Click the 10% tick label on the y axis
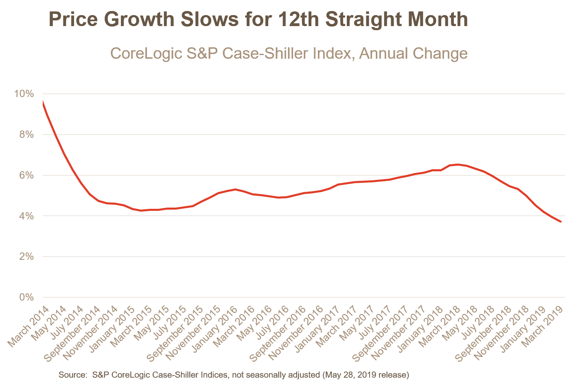[24, 94]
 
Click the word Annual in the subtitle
[383, 53]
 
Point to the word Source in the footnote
[72, 374]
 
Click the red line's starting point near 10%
[43, 102]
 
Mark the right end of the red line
[561, 221]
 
